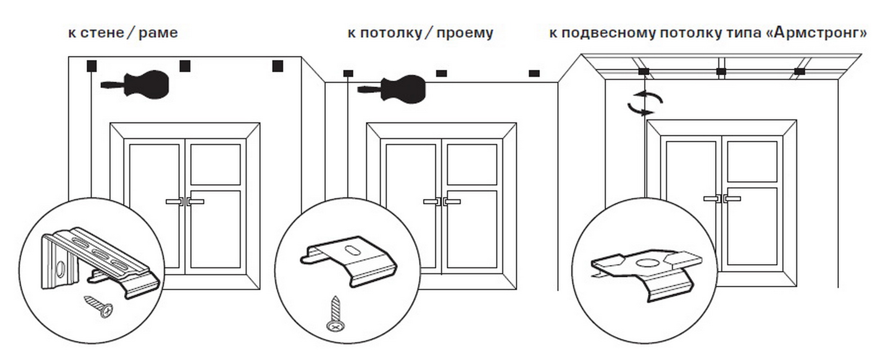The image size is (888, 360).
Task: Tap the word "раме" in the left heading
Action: pos(158,33)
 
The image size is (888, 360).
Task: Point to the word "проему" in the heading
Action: pos(464,33)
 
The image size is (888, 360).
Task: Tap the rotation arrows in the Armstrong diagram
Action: pos(645,103)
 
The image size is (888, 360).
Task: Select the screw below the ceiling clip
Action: pos(335,314)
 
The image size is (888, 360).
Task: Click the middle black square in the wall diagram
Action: pos(185,66)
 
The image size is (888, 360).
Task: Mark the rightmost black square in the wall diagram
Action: pos(278,66)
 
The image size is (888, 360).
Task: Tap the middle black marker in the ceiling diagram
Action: pos(442,73)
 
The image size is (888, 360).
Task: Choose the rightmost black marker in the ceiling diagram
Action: pos(534,73)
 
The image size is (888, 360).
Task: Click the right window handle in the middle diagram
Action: pos(452,202)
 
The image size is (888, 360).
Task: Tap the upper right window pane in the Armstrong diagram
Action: pos(752,161)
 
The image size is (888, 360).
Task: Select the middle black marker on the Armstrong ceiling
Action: pos(721,71)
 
